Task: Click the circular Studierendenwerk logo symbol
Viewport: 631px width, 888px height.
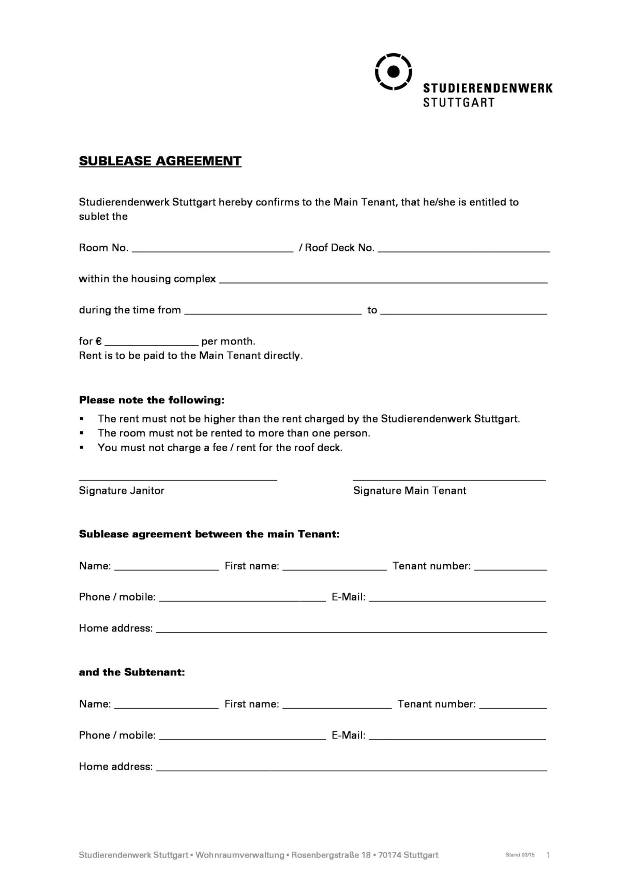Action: [393, 71]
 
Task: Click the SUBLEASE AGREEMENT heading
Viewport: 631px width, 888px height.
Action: [160, 161]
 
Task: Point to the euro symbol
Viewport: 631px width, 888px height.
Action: [99, 341]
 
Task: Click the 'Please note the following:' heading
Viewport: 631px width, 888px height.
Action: [152, 400]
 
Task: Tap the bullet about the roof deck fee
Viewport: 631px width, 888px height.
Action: [220, 447]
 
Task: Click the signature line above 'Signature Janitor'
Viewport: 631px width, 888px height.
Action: [177, 479]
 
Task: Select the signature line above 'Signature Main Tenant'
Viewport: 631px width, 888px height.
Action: [449, 479]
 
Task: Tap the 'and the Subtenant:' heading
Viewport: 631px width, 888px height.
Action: [131, 672]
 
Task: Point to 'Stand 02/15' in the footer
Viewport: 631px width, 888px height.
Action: [520, 855]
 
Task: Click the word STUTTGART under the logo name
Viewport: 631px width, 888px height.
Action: [459, 102]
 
